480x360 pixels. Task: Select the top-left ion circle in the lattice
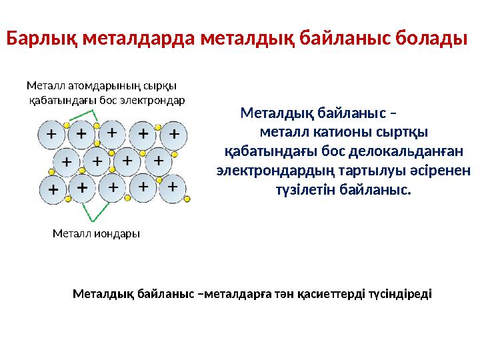pos(51,134)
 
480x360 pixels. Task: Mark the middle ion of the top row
pos(112,133)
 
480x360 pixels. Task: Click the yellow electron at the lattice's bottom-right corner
pos(187,199)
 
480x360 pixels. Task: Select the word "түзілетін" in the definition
pos(304,190)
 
